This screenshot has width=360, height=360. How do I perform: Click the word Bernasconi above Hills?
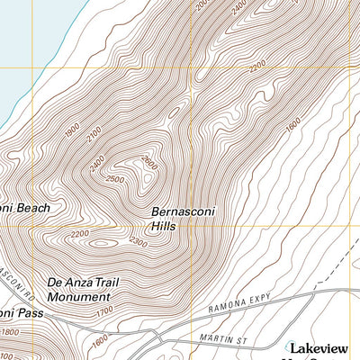184,211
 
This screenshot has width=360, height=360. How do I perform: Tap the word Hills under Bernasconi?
164,226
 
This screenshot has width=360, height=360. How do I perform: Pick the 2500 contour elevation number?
114,179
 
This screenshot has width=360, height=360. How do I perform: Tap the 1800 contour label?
9,333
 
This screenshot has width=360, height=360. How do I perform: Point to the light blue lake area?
27,45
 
